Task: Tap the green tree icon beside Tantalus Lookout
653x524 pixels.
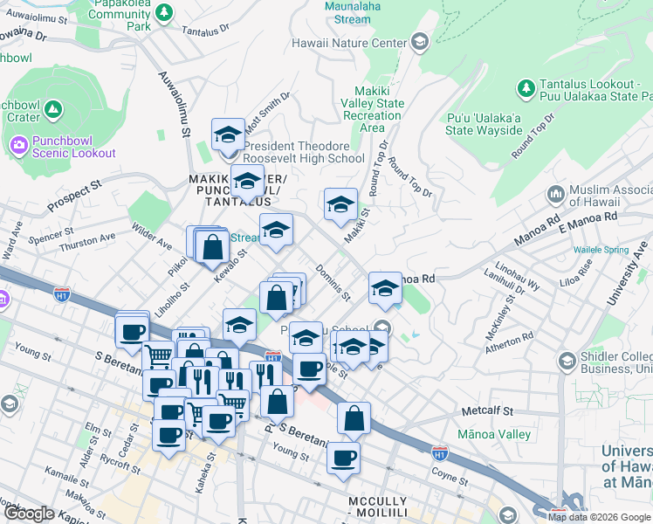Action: pos(526,88)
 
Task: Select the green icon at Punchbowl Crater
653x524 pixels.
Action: pos(54,110)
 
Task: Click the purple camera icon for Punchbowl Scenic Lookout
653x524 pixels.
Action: pos(17,144)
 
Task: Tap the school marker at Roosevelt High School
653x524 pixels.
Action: pos(228,136)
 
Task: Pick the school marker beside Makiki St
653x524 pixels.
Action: pos(340,205)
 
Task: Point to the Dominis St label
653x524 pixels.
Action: pos(333,282)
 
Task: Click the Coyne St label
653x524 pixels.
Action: pos(451,472)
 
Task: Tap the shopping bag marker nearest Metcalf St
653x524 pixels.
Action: pos(354,420)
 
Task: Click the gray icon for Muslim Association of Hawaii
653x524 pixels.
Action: pos(555,193)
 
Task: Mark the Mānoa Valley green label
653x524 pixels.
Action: pos(493,434)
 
